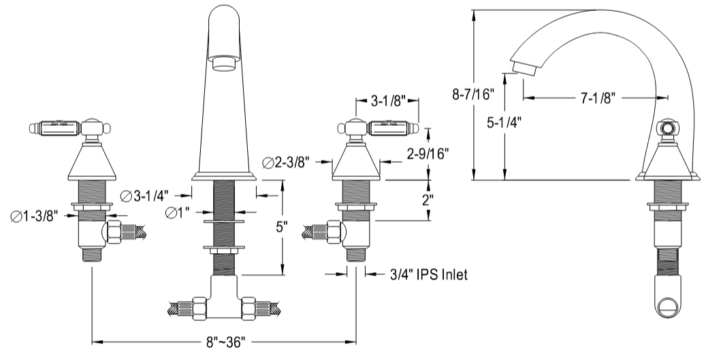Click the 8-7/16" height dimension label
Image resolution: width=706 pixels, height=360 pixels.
coord(474,95)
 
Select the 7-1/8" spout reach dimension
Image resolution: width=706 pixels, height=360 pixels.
coord(596,97)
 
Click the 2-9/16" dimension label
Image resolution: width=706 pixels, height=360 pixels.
coord(428,154)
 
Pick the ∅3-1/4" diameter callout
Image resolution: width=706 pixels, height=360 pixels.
coord(144,195)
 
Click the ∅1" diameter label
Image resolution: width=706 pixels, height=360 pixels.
coord(178,213)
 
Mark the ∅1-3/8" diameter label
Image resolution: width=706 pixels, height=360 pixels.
coord(34,216)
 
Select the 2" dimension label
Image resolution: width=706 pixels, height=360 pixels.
coord(428,200)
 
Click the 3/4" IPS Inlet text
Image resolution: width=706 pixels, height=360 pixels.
coord(429,274)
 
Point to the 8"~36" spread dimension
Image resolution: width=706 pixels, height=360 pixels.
coord(223,343)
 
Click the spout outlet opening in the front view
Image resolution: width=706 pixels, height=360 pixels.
coord(224,63)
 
